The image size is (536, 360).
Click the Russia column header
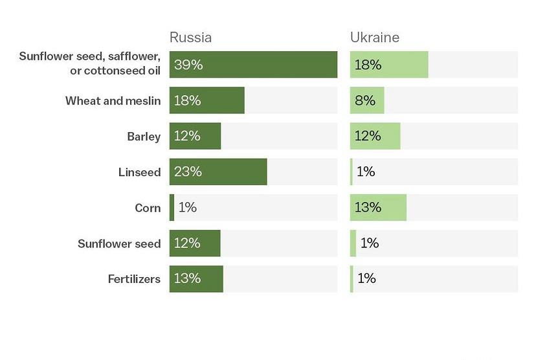[190, 37]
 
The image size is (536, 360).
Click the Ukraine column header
[375, 37]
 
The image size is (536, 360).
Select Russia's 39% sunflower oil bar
[253, 65]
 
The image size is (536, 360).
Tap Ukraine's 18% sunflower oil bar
[389, 65]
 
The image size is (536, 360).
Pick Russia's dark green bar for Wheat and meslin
[207, 100]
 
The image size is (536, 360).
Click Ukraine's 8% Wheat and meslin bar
[367, 100]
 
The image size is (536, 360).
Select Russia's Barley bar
[195, 136]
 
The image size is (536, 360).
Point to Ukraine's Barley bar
[375, 136]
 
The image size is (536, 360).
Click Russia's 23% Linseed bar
[218, 172]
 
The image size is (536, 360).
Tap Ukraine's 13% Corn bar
[378, 208]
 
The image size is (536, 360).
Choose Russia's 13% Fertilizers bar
[196, 278]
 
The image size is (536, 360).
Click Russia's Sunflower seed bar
[195, 243]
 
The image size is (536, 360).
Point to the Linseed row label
[139, 172]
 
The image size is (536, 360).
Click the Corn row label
[148, 208]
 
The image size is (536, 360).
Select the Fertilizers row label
[134, 279]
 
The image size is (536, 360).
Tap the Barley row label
[144, 137]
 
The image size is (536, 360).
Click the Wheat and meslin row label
[113, 101]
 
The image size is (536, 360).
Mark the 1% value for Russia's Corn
[187, 208]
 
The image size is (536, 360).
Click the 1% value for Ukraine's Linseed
[366, 172]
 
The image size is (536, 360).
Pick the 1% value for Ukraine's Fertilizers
[366, 278]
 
